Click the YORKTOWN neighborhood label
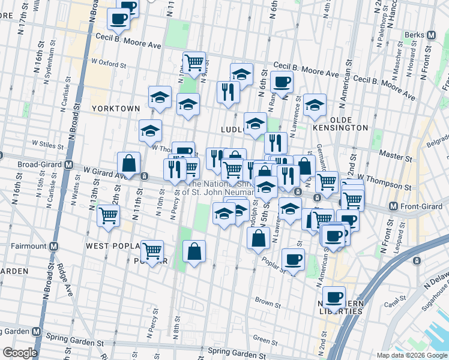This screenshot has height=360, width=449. [x=116, y=109]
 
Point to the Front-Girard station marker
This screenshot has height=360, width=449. [x=394, y=206]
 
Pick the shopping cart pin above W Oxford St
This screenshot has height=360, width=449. [x=194, y=62]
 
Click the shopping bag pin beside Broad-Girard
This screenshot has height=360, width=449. [x=128, y=163]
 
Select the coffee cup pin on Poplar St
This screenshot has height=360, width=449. [x=293, y=259]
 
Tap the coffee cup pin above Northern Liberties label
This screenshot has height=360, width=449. [x=334, y=296]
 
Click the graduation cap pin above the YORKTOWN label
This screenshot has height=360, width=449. [x=160, y=97]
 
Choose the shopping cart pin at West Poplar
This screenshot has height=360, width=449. [x=152, y=250]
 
